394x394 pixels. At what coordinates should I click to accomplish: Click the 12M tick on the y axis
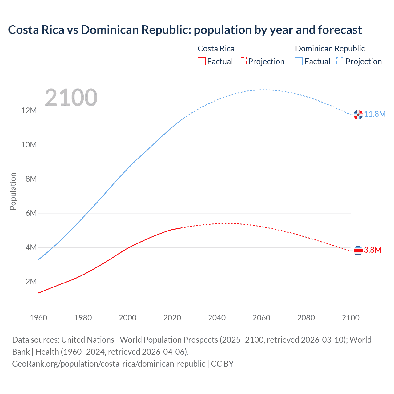pos(29,111)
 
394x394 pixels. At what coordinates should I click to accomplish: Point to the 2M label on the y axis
pos(31,282)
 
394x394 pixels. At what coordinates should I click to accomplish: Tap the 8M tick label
pos(31,179)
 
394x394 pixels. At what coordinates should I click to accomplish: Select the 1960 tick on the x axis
pos(38,318)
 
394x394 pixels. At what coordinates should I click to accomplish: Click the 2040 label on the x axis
pos(217,318)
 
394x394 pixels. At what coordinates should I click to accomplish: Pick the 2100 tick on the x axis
pos(350,318)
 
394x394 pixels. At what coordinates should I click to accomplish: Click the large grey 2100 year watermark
pos(71,98)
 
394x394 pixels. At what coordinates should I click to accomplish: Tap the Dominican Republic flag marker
pos(358,115)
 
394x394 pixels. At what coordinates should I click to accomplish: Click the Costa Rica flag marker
pos(358,251)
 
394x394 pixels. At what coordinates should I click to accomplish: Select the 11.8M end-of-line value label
pos(375,114)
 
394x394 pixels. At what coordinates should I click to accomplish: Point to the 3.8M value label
pos(373,250)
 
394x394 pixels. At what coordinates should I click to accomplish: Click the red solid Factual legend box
pos(202,62)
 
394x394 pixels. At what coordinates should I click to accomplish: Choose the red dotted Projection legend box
pos(243,62)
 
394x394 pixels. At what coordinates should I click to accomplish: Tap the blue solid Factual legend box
pos(299,62)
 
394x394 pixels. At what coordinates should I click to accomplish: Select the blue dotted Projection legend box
pos(340,62)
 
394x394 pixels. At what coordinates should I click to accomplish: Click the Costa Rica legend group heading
pos(216,49)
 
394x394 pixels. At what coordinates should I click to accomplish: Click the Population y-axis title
pos(13,191)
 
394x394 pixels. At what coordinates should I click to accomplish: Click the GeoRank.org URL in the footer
pos(109,364)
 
